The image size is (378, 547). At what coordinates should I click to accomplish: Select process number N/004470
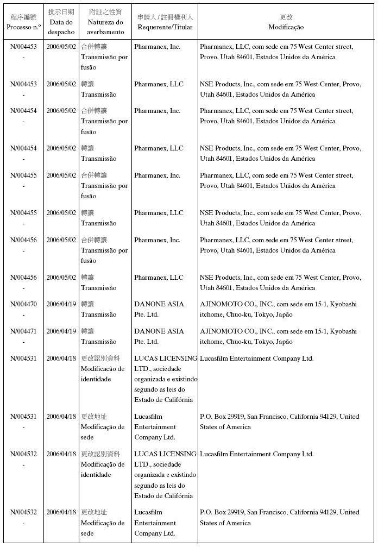[23, 304]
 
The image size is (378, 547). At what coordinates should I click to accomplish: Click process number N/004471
[23, 331]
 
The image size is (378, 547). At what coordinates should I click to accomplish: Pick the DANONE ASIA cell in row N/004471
[159, 336]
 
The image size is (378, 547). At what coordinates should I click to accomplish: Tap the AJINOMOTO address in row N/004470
[278, 310]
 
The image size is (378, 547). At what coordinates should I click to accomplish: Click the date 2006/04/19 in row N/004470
[61, 304]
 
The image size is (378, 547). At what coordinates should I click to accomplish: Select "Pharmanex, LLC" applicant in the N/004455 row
[159, 213]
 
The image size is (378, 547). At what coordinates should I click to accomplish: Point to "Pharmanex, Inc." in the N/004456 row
[157, 240]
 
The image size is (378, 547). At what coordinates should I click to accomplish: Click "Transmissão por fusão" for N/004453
[104, 57]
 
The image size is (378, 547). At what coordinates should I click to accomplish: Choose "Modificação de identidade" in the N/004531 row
[103, 369]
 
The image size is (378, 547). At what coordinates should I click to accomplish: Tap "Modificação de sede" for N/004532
[103, 523]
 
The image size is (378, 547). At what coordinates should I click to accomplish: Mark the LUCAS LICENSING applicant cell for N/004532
[165, 475]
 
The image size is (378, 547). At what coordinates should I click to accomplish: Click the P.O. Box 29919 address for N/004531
[279, 422]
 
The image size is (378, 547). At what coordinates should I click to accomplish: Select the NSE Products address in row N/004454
[280, 153]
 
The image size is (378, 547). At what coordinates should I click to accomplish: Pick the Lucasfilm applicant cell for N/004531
[155, 427]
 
